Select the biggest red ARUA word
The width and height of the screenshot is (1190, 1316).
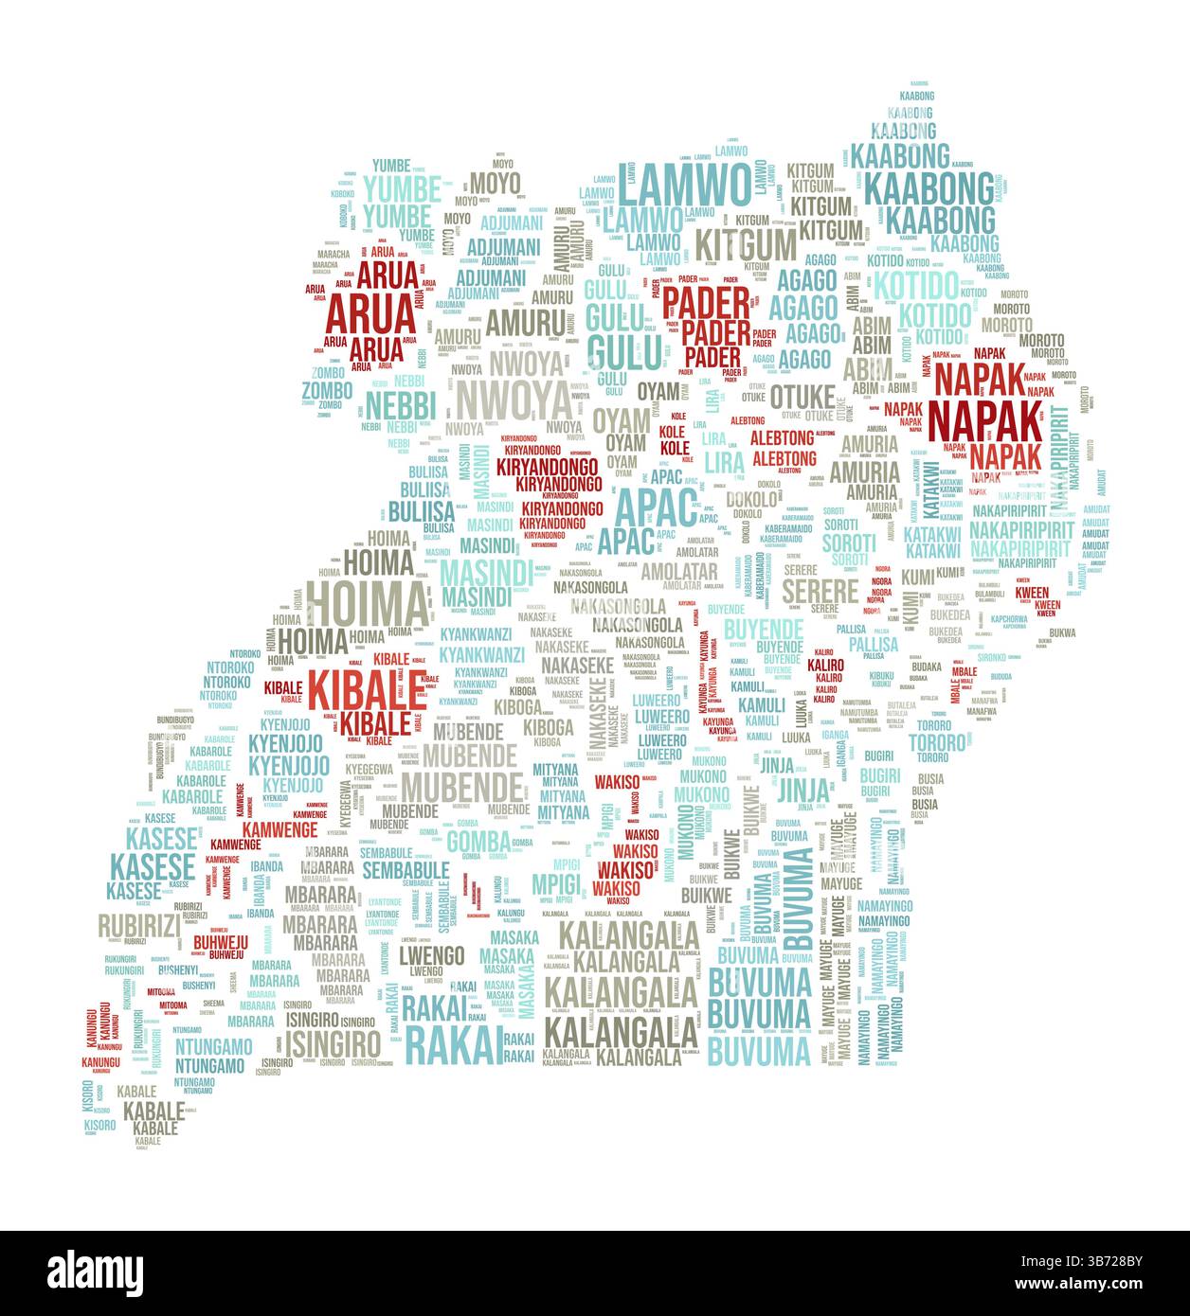click(x=370, y=311)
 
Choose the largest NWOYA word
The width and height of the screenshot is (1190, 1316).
click(x=514, y=400)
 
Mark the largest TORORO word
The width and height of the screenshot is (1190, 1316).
click(x=937, y=741)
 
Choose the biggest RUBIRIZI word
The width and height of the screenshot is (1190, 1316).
click(x=138, y=924)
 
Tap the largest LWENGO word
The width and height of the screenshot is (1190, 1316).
click(x=431, y=953)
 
